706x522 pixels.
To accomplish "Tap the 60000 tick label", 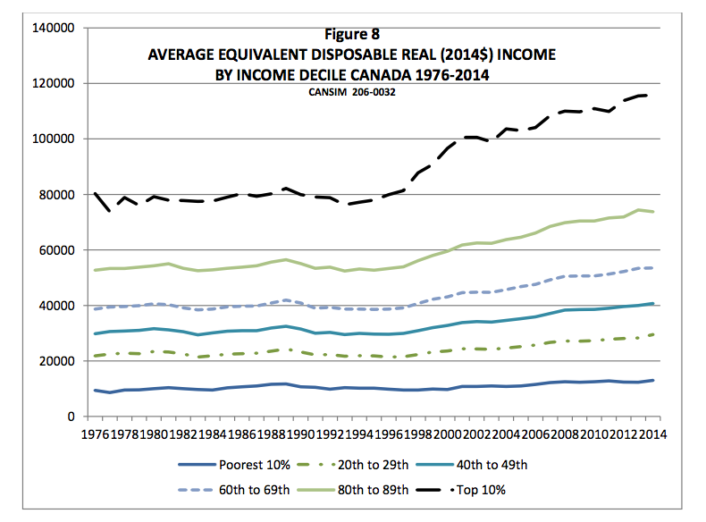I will (57, 250).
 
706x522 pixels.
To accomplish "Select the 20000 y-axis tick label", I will (57, 361).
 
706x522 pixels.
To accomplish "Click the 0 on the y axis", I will (70, 417).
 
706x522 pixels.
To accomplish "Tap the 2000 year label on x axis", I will (436, 434).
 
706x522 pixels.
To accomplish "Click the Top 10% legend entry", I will (487, 489).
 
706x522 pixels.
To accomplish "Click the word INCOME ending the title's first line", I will (523, 55).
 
